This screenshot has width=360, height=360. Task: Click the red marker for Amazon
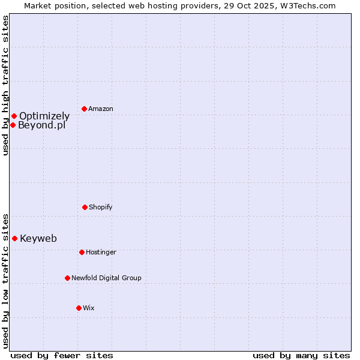84,109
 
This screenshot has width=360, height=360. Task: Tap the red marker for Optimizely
14,116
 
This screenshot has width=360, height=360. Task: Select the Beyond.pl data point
13,125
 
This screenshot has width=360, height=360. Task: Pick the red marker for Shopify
85,207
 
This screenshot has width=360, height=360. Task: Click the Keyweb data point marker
14,238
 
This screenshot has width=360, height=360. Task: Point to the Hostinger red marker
82,252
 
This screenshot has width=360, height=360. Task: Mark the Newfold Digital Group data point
67,278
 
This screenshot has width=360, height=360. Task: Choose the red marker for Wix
79,308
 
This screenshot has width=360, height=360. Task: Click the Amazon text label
101,109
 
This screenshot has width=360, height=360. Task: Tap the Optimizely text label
44,116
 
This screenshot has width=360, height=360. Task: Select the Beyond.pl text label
41,125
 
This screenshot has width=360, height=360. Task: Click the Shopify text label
101,207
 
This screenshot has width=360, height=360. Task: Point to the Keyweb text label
38,238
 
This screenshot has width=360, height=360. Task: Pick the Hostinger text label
101,252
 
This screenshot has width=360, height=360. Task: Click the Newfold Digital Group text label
106,278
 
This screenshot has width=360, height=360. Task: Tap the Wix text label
89,308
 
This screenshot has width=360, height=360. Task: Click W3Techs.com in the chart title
305,5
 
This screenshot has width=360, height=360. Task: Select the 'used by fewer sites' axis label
62,355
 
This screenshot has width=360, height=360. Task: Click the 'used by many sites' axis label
301,355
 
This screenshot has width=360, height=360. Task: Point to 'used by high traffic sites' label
5,86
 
